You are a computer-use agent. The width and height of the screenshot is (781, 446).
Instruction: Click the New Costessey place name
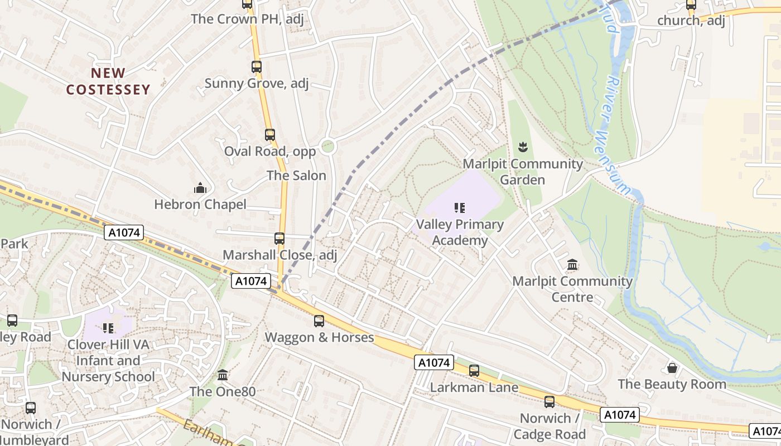click(x=108, y=81)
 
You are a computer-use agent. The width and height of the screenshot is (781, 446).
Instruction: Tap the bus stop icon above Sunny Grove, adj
click(x=256, y=67)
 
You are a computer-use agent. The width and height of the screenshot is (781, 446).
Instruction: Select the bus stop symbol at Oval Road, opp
click(x=270, y=134)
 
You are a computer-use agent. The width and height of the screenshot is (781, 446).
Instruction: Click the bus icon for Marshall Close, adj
click(x=279, y=239)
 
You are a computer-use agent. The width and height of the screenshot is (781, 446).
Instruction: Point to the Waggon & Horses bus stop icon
click(x=319, y=321)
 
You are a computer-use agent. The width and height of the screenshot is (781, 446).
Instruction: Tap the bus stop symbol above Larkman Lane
click(x=474, y=370)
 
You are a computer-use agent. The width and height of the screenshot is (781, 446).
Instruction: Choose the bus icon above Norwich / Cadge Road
click(x=549, y=401)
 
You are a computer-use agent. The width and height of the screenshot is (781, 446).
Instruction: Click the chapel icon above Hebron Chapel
click(x=200, y=188)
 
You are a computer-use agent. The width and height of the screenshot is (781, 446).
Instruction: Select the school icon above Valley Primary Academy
click(x=460, y=208)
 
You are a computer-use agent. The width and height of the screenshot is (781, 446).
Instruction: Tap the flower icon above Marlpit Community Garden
click(x=523, y=147)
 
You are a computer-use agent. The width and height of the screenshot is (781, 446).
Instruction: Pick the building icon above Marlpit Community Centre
click(x=572, y=265)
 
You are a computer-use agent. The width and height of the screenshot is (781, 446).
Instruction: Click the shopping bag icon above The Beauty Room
click(x=672, y=368)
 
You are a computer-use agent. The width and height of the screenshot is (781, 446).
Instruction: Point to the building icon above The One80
click(x=223, y=375)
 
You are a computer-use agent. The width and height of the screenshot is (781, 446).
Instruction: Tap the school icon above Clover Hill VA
click(x=108, y=328)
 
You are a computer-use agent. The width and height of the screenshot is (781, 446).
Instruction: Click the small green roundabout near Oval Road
click(x=328, y=147)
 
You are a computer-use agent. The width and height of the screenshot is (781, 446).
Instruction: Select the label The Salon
click(x=296, y=176)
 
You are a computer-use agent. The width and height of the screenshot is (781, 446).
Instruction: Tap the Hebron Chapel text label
click(x=200, y=205)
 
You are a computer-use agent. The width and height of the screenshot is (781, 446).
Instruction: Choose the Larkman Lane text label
click(x=474, y=387)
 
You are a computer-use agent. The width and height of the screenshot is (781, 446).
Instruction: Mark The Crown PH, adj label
click(x=247, y=19)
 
